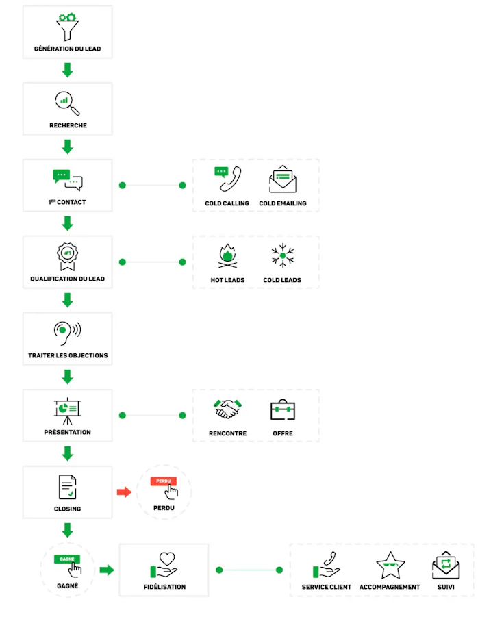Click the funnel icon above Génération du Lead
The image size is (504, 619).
point(68,27)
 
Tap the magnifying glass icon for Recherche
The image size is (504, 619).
point(67,103)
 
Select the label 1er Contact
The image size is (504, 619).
point(67,202)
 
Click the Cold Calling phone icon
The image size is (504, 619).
point(228,179)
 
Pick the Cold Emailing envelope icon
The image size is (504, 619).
point(283,179)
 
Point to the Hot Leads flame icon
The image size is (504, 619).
point(228,256)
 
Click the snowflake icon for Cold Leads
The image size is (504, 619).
point(283,256)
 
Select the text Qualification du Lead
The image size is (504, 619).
point(68,279)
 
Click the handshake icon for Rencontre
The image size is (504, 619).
point(228,409)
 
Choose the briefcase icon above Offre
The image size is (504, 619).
point(283,409)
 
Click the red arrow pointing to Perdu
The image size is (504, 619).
point(124,492)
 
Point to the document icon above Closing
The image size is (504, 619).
point(68,487)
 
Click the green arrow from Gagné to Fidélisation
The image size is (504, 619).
point(107,570)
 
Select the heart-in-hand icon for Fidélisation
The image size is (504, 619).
point(164,565)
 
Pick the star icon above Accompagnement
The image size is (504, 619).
point(390,566)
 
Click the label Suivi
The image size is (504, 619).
point(446,587)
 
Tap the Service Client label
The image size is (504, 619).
point(327,587)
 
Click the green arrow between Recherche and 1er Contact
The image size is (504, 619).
point(68,147)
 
